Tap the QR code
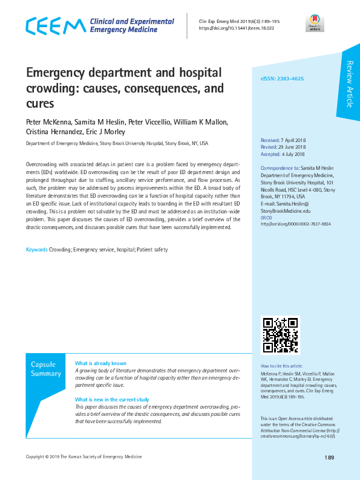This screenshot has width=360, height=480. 280,334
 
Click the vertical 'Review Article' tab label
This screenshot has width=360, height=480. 349,84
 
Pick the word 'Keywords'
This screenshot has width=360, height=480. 36,250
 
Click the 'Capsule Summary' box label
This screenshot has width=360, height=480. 46,369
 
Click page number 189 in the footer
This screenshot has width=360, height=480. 329,458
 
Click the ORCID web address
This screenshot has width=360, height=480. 295,224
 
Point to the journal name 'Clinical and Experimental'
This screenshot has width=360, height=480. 132,21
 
